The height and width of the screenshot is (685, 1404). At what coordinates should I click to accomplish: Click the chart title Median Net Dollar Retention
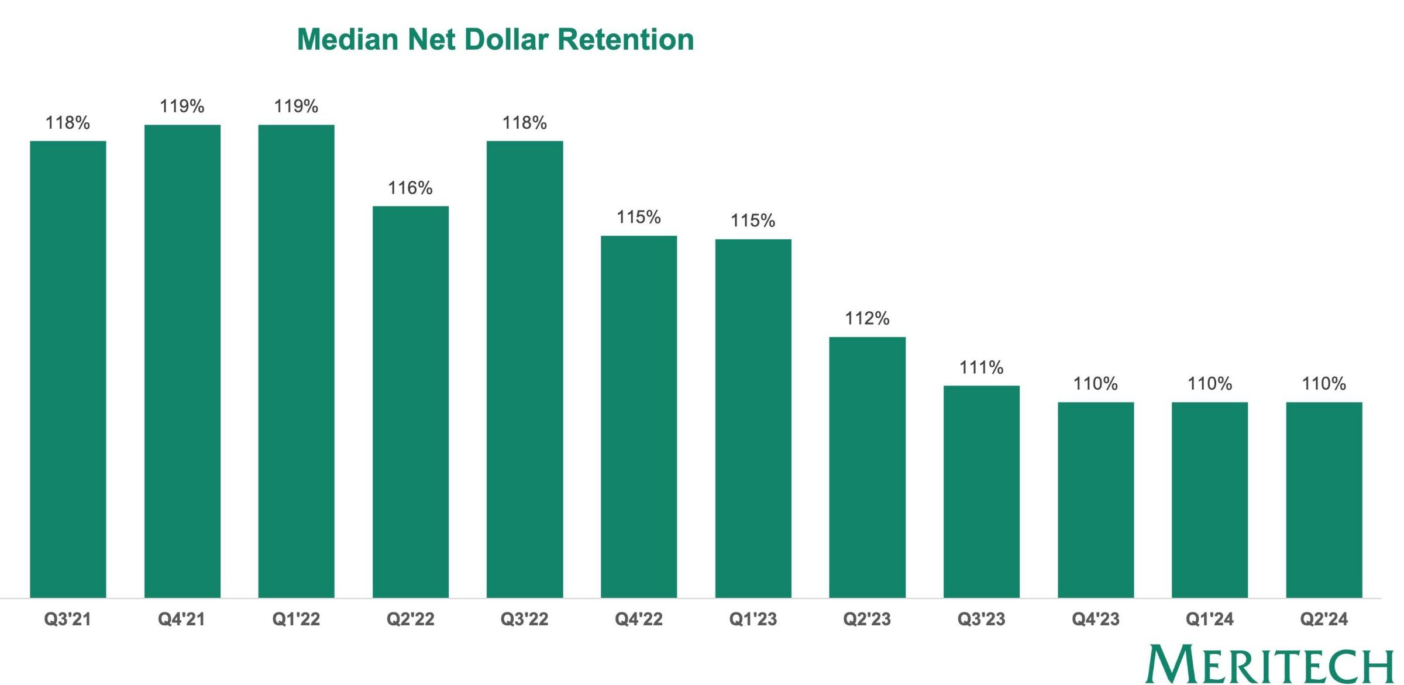pyautogui.click(x=495, y=40)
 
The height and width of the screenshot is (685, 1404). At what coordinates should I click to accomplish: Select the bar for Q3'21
pyautogui.click(x=68, y=369)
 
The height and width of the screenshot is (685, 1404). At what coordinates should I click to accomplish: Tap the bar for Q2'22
pyautogui.click(x=411, y=401)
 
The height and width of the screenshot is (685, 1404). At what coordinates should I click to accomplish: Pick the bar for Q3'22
pyautogui.click(x=525, y=369)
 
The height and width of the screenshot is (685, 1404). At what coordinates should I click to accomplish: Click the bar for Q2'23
pyautogui.click(x=867, y=467)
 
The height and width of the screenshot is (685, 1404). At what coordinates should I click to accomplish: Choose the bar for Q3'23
pyautogui.click(x=981, y=491)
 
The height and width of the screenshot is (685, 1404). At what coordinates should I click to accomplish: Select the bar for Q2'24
pyautogui.click(x=1324, y=500)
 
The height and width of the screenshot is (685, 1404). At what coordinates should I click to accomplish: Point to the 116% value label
pyautogui.click(x=410, y=188)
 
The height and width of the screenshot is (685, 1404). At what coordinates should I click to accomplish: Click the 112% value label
pyautogui.click(x=867, y=318)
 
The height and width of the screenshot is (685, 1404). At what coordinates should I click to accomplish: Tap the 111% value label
pyautogui.click(x=981, y=367)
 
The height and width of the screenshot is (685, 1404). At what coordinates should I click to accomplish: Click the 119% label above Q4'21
pyautogui.click(x=182, y=106)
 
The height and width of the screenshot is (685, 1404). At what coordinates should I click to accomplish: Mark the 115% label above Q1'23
pyautogui.click(x=753, y=221)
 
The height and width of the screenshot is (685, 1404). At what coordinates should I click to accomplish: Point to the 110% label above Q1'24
pyautogui.click(x=1210, y=384)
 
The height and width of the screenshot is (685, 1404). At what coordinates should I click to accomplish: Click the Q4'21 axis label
pyautogui.click(x=182, y=619)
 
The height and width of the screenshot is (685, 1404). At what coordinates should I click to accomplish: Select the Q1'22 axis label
pyautogui.click(x=296, y=619)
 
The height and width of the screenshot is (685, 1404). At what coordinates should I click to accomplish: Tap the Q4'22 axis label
pyautogui.click(x=639, y=619)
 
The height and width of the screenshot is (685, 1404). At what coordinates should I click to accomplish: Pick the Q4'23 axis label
pyautogui.click(x=1096, y=619)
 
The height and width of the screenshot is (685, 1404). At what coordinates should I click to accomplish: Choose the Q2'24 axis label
pyautogui.click(x=1324, y=619)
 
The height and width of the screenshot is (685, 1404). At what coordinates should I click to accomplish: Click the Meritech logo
pyautogui.click(x=1270, y=665)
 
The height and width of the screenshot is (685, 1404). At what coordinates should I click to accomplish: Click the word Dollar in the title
pyautogui.click(x=507, y=40)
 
